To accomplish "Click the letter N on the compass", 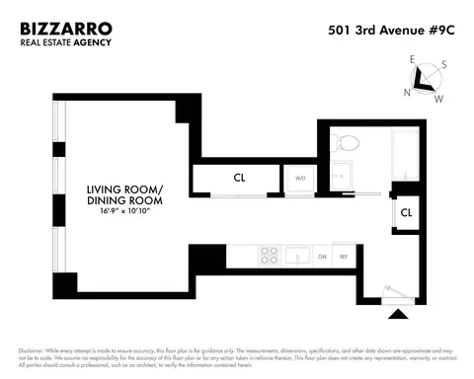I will click(x=406, y=92).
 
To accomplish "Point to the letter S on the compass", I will click(x=443, y=65).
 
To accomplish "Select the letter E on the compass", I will click(x=413, y=59).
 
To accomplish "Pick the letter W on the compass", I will click(x=438, y=98).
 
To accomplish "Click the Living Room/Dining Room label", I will click(x=124, y=194).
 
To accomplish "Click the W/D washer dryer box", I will click(x=300, y=179).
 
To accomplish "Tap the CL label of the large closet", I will click(x=239, y=179).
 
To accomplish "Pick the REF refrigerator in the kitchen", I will click(x=343, y=257).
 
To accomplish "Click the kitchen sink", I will click(x=298, y=257).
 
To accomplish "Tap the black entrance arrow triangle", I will click(x=398, y=315).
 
